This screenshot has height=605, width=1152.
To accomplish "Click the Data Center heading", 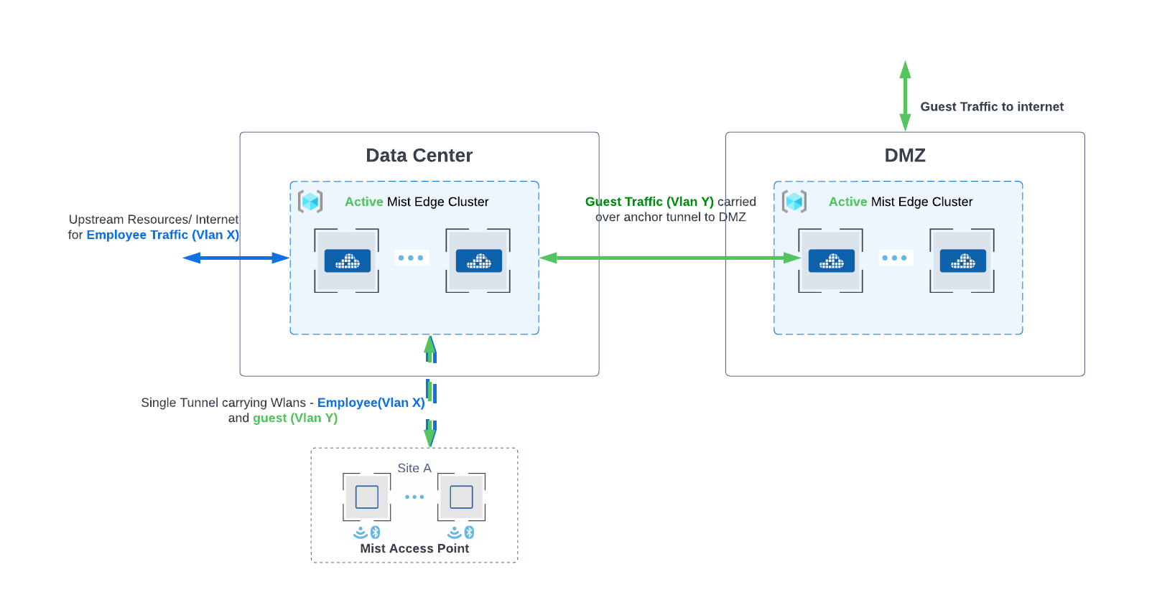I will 419,156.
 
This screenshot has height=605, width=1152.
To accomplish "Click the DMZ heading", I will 904,156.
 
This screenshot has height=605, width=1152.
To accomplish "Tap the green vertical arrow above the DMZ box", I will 905,95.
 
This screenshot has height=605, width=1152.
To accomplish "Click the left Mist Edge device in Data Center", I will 347,261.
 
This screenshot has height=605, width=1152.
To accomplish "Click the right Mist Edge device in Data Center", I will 478,261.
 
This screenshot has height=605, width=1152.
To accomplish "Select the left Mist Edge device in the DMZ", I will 831,261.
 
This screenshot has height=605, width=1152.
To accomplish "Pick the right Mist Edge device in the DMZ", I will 962,261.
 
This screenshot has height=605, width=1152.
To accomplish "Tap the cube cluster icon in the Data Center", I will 310,202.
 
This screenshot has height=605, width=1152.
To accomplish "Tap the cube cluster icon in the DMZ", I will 794,202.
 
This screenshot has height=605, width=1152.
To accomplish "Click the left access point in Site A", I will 367,497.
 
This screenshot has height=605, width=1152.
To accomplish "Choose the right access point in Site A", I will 461,497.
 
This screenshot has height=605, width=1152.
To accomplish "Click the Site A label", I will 414,468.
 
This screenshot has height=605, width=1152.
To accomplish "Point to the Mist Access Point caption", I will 414,548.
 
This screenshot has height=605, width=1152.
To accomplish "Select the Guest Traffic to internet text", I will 991,107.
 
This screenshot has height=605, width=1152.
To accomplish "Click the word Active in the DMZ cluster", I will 847,202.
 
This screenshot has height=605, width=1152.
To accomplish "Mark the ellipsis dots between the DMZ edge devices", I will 894,258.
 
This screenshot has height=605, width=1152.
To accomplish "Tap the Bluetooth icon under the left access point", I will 375,533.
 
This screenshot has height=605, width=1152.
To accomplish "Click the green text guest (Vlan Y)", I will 294,418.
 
